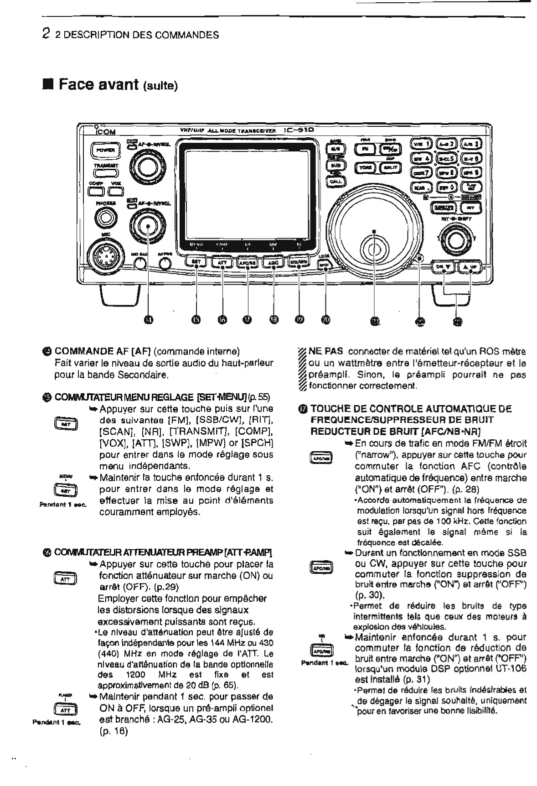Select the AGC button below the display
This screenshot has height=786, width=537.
tap(273, 263)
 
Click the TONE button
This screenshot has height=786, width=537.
tap(364, 167)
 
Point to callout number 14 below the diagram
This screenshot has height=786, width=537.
tap(148, 321)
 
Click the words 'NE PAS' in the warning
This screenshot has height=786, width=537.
tap(323, 352)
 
